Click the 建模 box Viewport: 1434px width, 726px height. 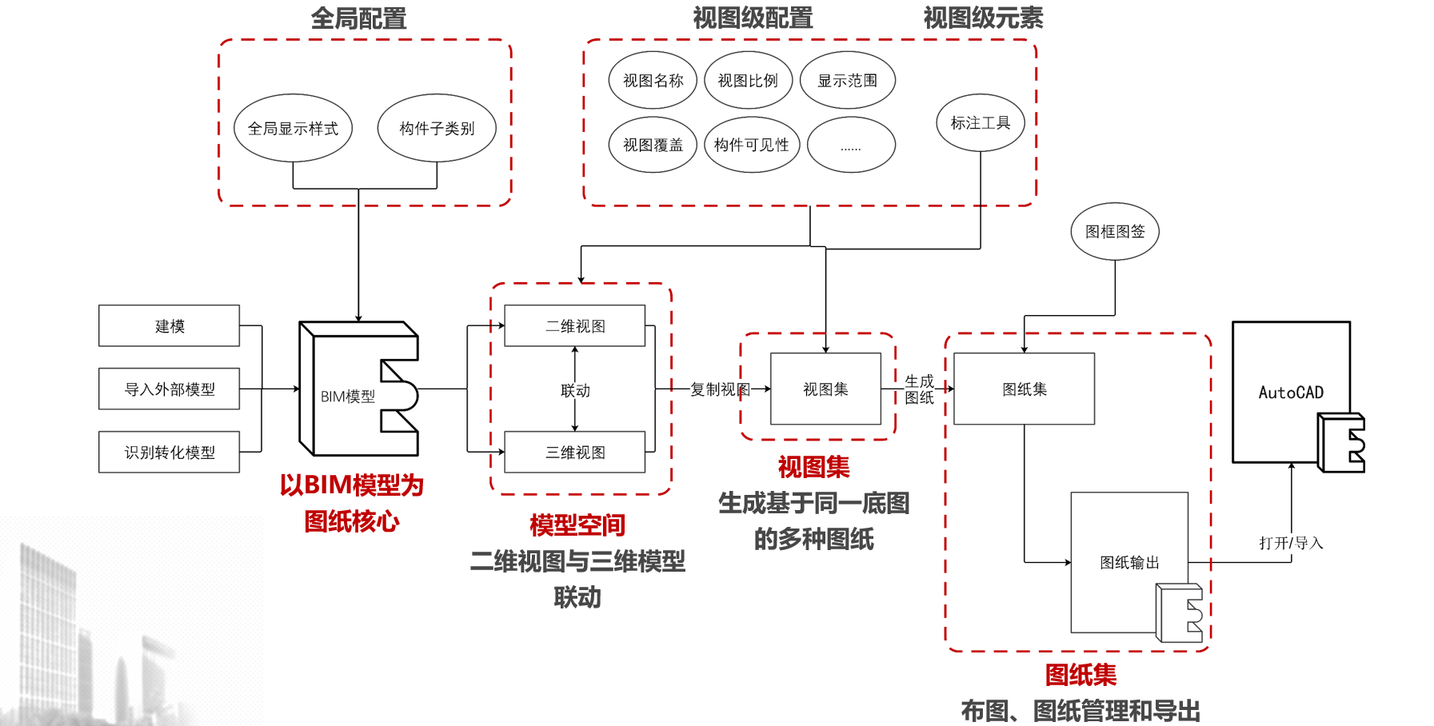[169, 325]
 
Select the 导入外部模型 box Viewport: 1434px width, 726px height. [169, 389]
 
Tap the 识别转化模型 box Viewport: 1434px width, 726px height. [169, 452]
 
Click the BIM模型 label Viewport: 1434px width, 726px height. [348, 397]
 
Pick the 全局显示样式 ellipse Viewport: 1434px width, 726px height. [293, 128]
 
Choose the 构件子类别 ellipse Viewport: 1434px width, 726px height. [437, 128]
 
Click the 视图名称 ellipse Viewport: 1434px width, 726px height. [653, 81]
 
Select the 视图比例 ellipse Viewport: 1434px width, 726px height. [748, 81]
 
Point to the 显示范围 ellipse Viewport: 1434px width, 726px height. [847, 81]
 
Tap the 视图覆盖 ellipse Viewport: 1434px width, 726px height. [653, 145]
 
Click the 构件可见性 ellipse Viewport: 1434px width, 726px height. [752, 145]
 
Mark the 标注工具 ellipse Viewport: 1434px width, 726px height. [981, 122]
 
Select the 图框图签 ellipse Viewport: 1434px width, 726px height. [1115, 231]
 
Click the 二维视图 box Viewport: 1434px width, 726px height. [575, 325]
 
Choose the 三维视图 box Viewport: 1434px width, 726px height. [575, 452]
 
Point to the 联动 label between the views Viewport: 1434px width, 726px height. [575, 390]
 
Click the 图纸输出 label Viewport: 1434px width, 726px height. [1129, 562]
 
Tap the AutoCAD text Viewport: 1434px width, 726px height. [1291, 393]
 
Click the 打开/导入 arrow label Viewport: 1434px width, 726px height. [1291, 543]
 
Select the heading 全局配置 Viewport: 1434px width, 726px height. [358, 18]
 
